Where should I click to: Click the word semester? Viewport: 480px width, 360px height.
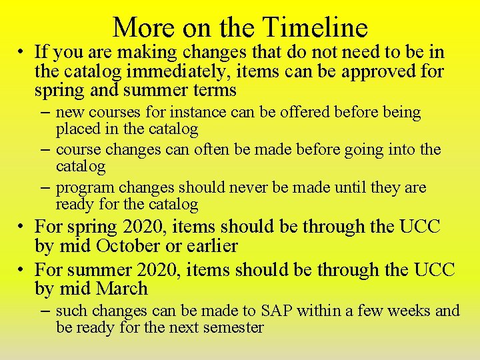coord(231,327)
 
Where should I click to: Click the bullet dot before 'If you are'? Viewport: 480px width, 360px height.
coord(21,52)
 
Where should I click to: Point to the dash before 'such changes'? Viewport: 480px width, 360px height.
coord(46,311)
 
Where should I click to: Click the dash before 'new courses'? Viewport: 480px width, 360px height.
coord(46,112)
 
